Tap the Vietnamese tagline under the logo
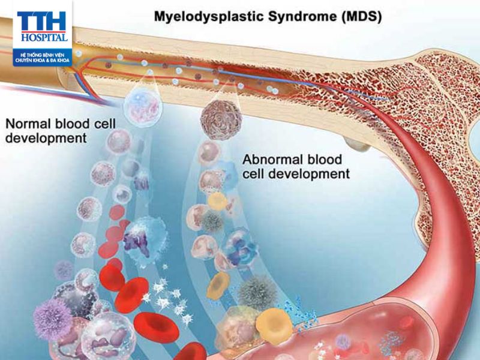[42, 58]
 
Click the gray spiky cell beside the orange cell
[257, 293]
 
